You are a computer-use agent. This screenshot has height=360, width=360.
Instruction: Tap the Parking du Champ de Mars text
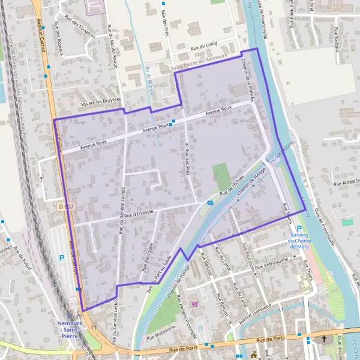[299, 241]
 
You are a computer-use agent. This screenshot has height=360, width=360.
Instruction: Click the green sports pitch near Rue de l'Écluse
[222, 176]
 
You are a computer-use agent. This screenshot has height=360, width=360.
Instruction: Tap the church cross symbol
[324, 340]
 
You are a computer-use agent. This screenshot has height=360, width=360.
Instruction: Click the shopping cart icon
[194, 304]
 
